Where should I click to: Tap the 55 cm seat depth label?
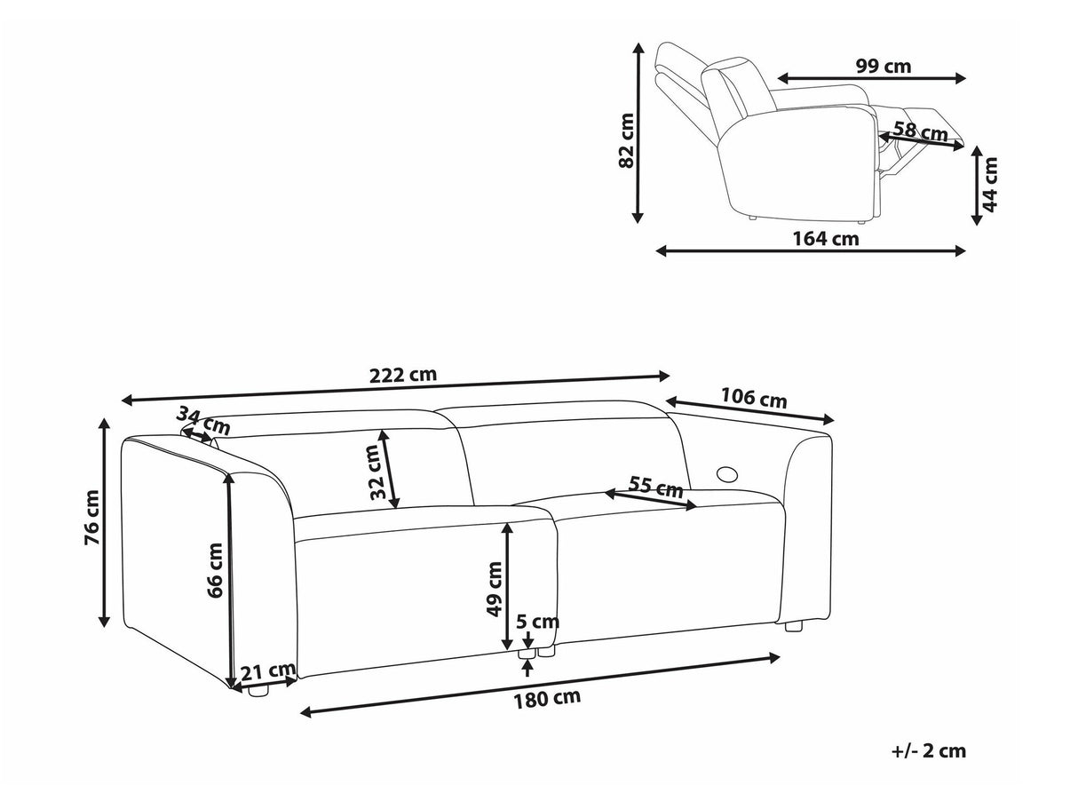[x=655, y=487]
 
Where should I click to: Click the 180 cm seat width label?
[x=547, y=697]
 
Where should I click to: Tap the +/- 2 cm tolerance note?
[x=928, y=751]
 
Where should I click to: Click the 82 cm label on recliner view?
[x=627, y=139]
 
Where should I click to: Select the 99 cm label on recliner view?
[x=883, y=66]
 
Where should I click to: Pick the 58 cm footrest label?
[x=920, y=131]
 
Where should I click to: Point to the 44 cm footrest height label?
[x=990, y=184]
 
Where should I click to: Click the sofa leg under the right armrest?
[x=793, y=625]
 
